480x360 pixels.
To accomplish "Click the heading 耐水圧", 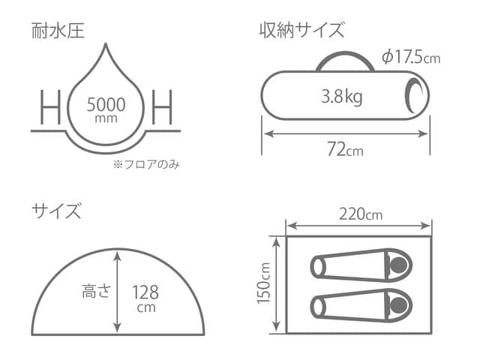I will (x=57, y=31).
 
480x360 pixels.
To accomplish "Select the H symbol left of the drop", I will (x=49, y=109).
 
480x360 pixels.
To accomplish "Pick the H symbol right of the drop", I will (x=162, y=109).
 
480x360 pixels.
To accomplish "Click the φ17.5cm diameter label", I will (x=410, y=57).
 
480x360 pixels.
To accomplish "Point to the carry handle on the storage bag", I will (x=346, y=61).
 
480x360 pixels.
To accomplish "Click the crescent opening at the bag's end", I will (x=412, y=96).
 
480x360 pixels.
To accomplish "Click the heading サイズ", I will (x=56, y=211).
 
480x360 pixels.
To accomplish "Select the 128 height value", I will (x=146, y=292).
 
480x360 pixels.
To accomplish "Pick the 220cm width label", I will (x=361, y=214).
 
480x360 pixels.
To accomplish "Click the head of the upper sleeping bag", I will (x=398, y=265).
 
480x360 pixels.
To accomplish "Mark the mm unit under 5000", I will (x=106, y=118).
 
